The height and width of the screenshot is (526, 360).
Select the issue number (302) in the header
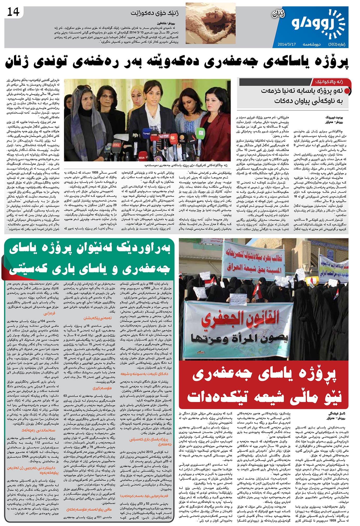pos(335,44)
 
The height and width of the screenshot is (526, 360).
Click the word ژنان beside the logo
pos(278,14)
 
